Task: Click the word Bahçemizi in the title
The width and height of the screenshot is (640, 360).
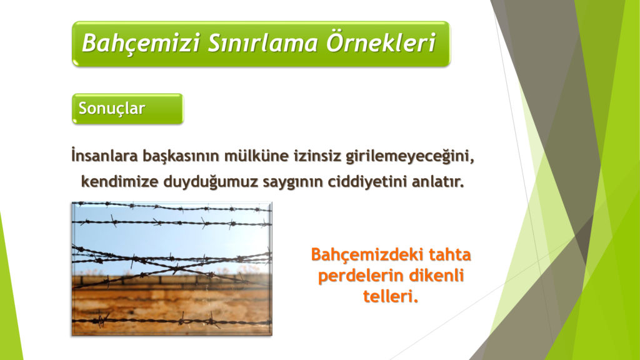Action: coord(141,43)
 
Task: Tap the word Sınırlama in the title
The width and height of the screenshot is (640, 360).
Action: coord(263,43)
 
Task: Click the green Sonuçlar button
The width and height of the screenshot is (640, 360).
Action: coord(127,109)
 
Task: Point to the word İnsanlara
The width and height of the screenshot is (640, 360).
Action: coord(104,156)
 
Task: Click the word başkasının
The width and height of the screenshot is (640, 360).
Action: coord(181,156)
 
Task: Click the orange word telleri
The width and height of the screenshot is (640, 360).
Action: coord(391,296)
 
